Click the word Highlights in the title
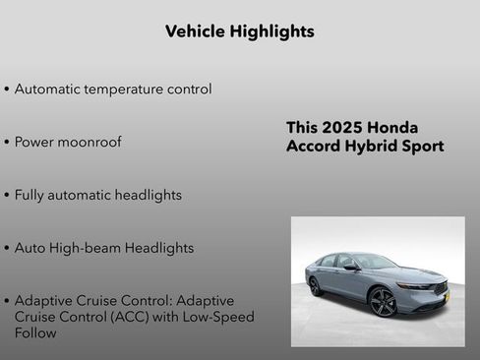271,31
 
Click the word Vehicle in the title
195,31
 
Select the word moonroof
90,143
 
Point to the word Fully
30,195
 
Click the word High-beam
84,248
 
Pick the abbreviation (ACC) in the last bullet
138,317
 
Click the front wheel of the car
383,302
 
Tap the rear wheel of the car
316,286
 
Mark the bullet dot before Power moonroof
7,143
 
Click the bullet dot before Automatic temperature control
7,90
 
